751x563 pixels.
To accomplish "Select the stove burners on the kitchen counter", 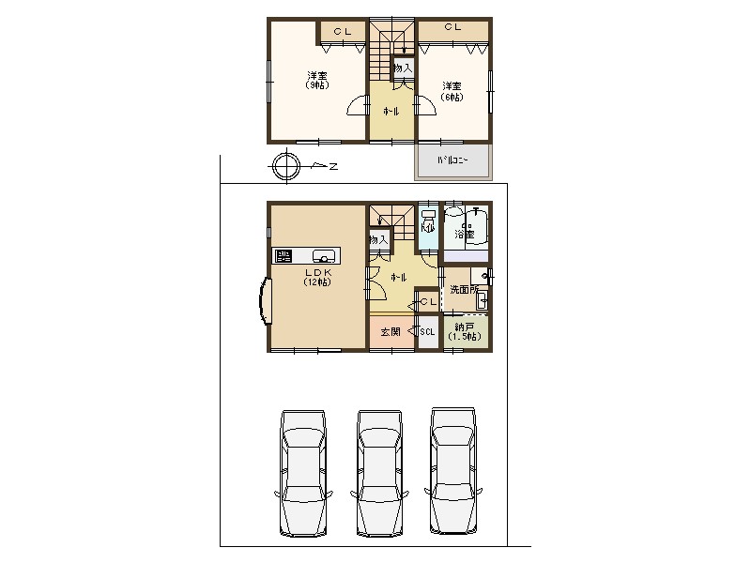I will pyautogui.click(x=284, y=255).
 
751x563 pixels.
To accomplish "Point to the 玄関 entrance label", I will pyautogui.click(x=391, y=331).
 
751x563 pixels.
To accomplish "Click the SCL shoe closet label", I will pyautogui.click(x=427, y=332).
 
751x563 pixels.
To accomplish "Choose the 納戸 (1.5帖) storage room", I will pyautogui.click(x=465, y=331).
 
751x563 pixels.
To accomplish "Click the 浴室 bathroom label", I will pyautogui.click(x=464, y=233).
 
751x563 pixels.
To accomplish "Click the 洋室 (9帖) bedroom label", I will pyautogui.click(x=316, y=80).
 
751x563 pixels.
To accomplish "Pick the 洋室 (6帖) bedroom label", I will pyautogui.click(x=453, y=90).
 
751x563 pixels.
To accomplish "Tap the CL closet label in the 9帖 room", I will pyautogui.click(x=342, y=32).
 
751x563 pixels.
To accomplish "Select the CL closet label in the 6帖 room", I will pyautogui.click(x=452, y=28).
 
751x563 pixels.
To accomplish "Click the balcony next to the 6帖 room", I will pyautogui.click(x=452, y=161).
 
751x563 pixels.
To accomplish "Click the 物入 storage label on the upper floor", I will pyautogui.click(x=402, y=68).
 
